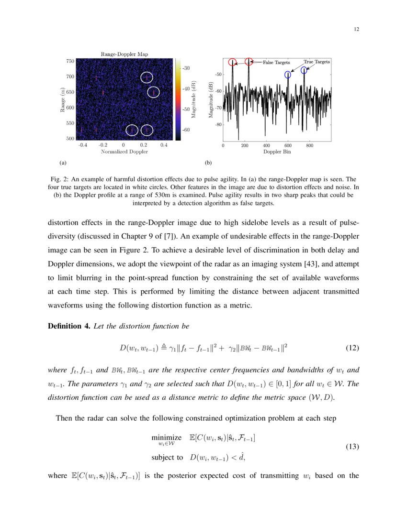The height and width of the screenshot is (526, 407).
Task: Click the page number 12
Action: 356,29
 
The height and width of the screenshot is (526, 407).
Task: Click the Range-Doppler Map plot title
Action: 124,55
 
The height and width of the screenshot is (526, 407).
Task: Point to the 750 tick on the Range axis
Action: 70,61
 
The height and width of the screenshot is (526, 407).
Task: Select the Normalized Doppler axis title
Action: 124,152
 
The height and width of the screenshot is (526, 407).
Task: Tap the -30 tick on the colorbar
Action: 186,68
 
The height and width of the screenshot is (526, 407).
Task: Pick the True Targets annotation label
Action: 317,62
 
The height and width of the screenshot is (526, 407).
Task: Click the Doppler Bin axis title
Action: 277,152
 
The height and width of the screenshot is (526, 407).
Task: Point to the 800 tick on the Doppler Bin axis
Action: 309,145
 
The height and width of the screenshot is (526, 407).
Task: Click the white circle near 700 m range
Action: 147,77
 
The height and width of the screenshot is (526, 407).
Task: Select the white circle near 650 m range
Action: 153,92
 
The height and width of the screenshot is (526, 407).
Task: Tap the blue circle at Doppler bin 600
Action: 288,75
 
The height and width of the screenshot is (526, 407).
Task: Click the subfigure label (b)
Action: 208,163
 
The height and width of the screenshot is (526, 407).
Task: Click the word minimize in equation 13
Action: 166,438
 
